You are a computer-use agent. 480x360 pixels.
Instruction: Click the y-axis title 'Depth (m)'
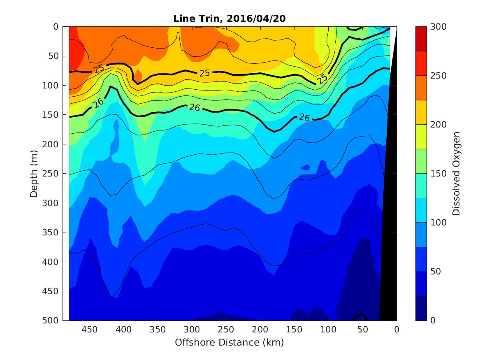34,173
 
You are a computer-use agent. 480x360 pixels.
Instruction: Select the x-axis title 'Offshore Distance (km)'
229,342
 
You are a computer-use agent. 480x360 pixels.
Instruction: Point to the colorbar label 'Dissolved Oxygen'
456,173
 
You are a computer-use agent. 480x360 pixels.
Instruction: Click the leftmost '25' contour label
99,69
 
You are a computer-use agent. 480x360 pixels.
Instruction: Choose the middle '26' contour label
194,107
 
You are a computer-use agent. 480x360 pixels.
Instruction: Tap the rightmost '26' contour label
304,118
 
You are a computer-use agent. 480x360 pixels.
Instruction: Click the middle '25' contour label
204,73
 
